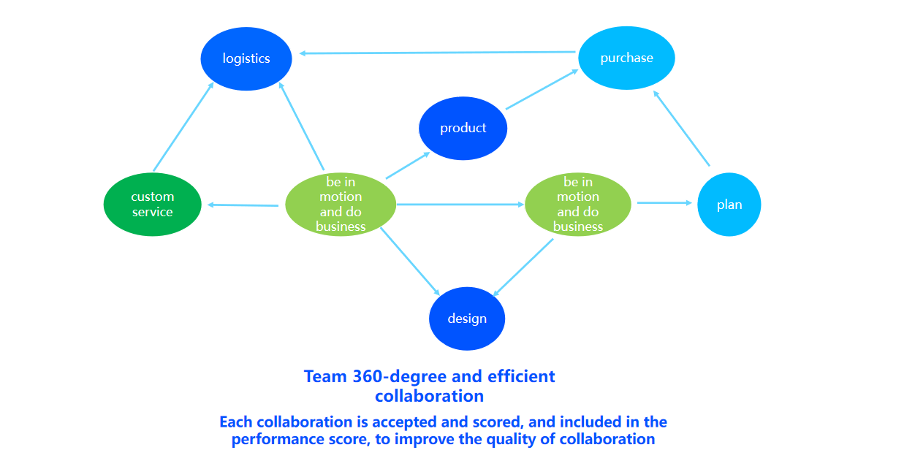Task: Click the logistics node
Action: click(246, 58)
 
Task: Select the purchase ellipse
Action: click(626, 58)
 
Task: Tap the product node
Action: click(463, 129)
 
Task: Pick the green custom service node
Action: click(152, 205)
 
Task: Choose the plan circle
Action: click(729, 205)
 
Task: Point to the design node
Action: click(466, 319)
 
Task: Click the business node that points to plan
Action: click(577, 205)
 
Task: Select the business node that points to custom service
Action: click(340, 205)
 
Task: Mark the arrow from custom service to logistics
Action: click(183, 127)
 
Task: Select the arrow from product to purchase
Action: click(542, 90)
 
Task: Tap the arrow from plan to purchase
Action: click(681, 129)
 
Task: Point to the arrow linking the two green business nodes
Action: click(460, 205)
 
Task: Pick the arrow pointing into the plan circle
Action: click(664, 203)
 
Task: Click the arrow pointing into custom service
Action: click(243, 205)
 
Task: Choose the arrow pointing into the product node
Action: click(407, 166)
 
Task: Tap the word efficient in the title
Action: click(521, 377)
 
